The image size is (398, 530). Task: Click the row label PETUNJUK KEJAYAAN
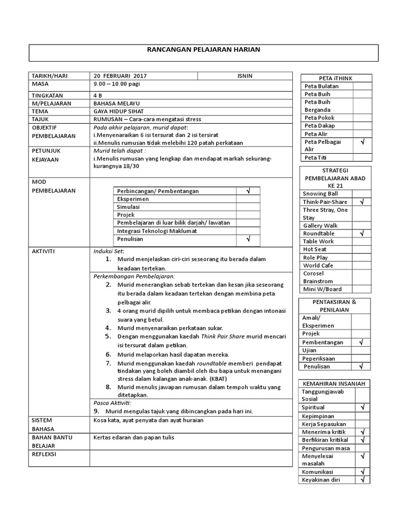tap(47, 155)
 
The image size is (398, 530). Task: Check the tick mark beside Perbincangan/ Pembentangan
tap(248, 191)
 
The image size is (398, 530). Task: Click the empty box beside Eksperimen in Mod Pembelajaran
tap(248, 199)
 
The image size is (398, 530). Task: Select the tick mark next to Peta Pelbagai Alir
tap(362, 141)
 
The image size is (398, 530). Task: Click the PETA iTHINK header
tap(336, 78)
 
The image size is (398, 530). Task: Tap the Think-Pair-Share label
tap(325, 202)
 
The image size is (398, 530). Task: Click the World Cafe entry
tap(318, 266)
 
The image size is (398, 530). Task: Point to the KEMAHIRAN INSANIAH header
tap(335, 384)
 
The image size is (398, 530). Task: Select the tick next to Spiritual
tap(362, 408)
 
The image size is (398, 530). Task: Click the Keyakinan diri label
tap(322, 480)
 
